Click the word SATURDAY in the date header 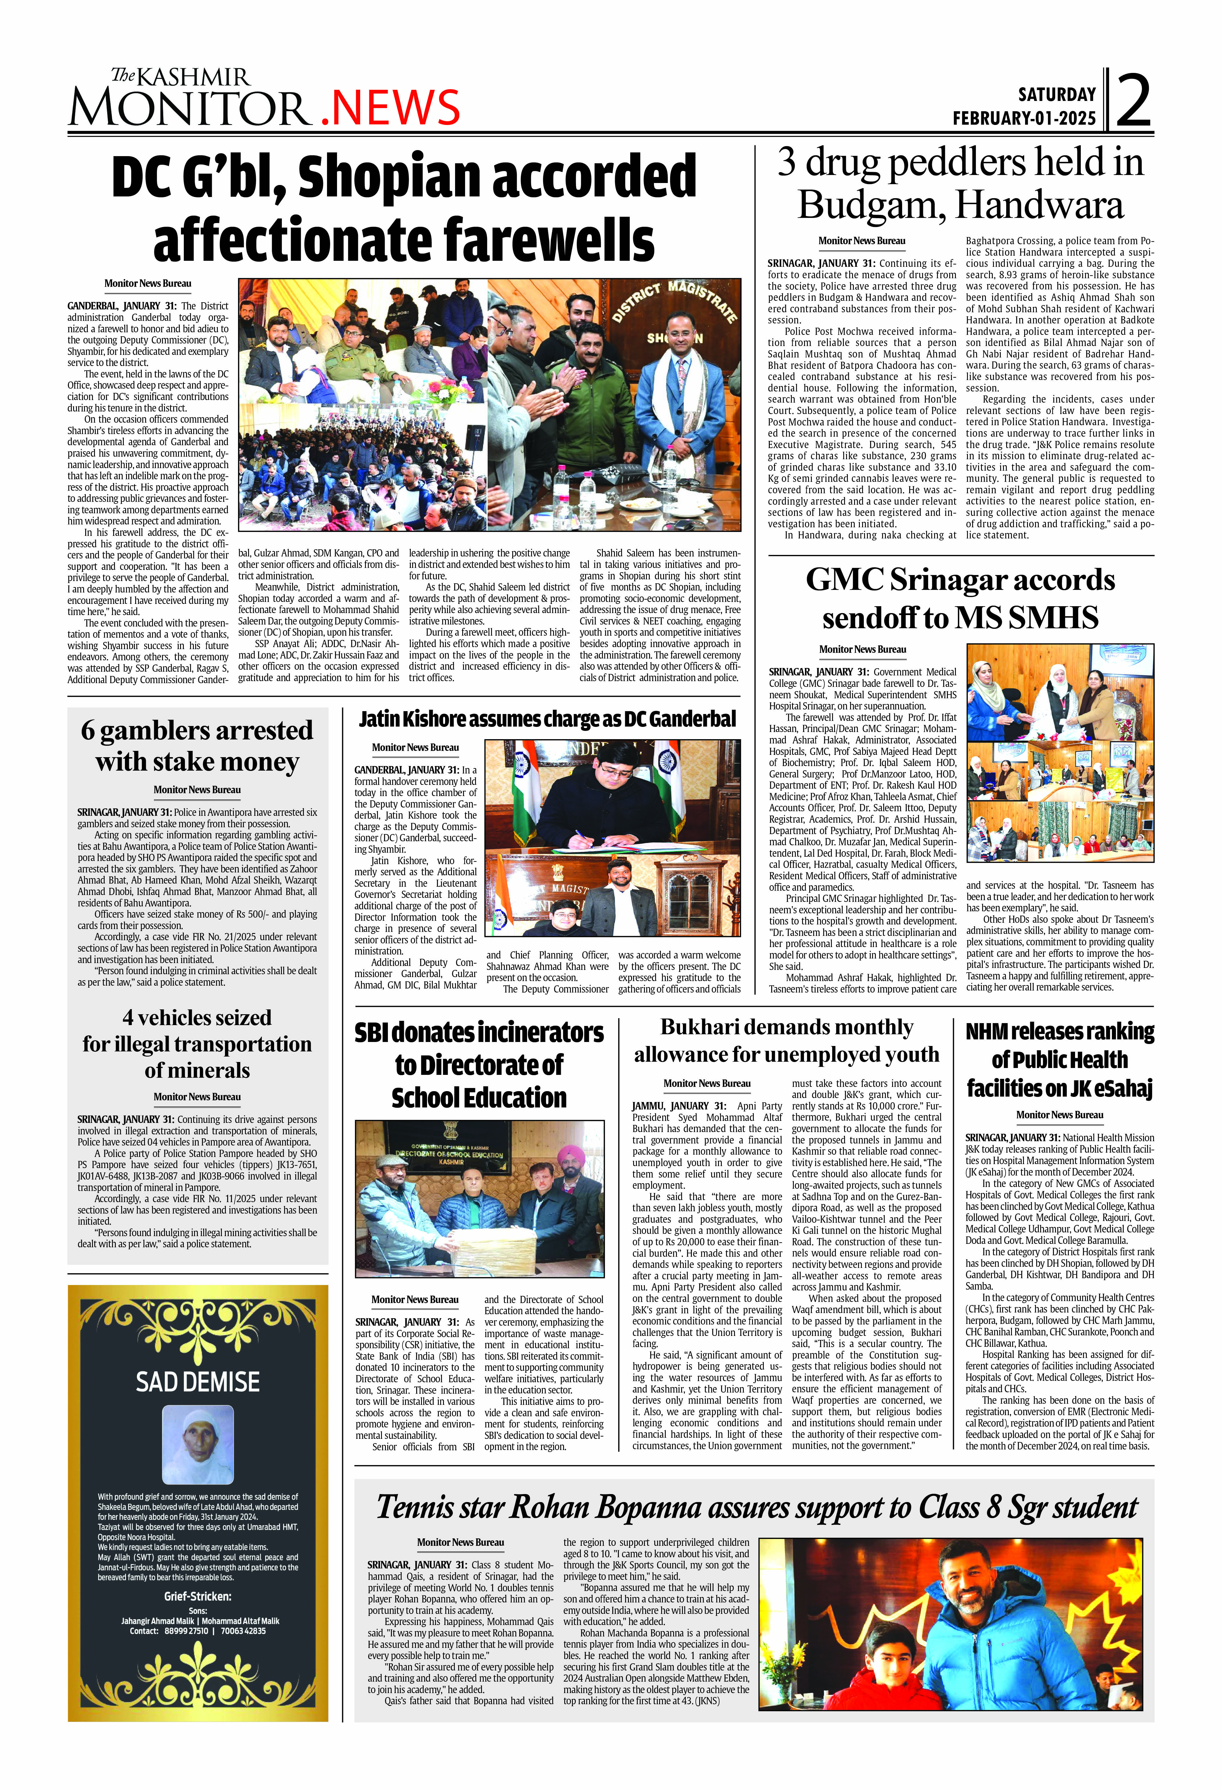(x=1056, y=95)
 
